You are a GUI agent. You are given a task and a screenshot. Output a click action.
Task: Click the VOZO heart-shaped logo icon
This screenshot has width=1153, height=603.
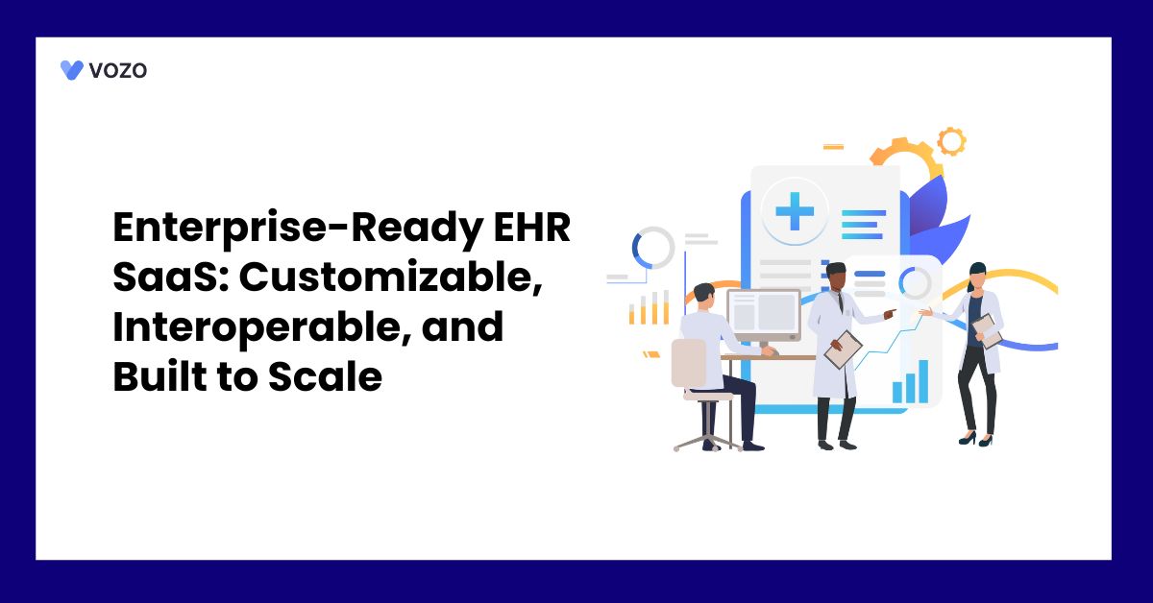[71, 70]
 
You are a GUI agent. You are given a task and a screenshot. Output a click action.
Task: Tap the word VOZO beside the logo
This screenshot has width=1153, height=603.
[118, 70]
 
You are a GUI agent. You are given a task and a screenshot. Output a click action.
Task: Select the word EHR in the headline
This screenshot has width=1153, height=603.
[531, 227]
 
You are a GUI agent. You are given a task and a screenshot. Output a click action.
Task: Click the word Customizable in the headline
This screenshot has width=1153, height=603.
[391, 277]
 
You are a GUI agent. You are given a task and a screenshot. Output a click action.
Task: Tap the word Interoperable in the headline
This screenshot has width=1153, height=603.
[262, 326]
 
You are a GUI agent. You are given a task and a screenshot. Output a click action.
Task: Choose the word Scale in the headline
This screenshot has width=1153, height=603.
[325, 376]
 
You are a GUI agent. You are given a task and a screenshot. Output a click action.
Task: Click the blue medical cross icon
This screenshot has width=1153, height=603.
[795, 211]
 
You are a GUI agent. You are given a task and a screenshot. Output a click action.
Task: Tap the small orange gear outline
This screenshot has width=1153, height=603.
[951, 141]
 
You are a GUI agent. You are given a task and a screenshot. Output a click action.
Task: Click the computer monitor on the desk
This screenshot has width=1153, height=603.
[764, 316]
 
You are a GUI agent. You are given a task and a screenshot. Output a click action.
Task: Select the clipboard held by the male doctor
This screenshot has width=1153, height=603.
[843, 350]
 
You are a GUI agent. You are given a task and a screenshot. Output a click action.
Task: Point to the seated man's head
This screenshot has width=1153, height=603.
[704, 297]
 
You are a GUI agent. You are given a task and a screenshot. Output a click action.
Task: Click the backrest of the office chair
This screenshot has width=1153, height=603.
[689, 363]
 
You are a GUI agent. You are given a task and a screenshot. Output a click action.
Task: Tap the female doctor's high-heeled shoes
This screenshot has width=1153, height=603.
[976, 439]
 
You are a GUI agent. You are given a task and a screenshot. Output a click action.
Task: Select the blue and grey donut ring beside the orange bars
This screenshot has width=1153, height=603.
[653, 248]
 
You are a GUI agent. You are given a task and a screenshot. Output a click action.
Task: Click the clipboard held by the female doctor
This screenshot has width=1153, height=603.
[987, 330]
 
